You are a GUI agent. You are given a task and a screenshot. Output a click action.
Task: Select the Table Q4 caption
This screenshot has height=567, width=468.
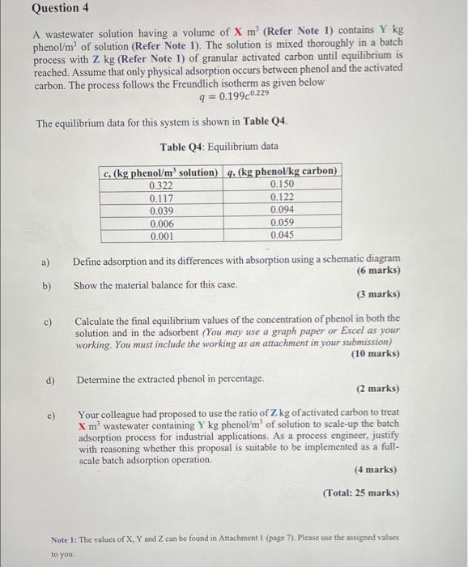(219, 147)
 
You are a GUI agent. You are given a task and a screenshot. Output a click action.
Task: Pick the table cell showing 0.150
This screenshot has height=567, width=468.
(281, 185)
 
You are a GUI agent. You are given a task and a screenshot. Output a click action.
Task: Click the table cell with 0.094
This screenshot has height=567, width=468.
(281, 211)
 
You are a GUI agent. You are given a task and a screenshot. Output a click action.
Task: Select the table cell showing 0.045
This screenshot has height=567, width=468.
(281, 237)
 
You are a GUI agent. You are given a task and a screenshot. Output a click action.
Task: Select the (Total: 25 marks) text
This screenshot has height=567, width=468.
(360, 492)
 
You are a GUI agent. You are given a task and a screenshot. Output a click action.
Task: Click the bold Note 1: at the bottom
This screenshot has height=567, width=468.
(67, 539)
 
